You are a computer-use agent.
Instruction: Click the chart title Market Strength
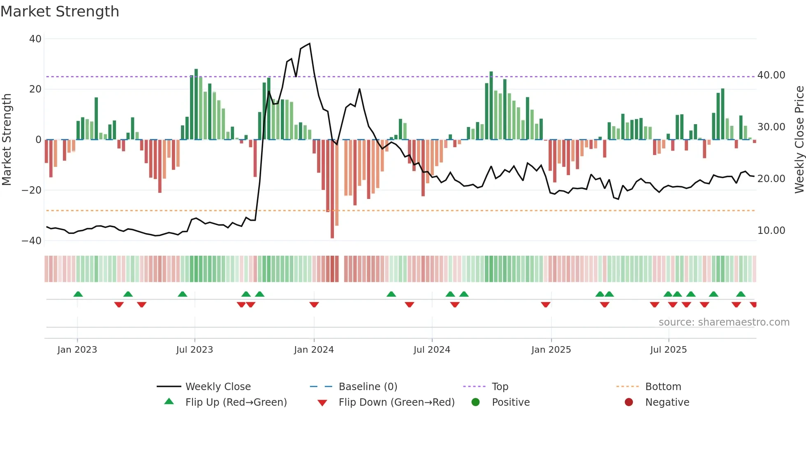tap(60, 12)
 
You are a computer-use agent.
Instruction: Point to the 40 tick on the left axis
tap(35, 39)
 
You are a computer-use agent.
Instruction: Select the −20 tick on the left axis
tap(32, 190)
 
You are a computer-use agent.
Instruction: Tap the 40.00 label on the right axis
tap(771, 75)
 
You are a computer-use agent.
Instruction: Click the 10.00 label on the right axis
tap(771, 231)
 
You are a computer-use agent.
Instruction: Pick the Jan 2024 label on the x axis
tap(314, 350)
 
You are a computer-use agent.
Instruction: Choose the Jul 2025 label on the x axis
tap(668, 350)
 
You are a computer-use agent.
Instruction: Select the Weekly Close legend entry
tap(218, 387)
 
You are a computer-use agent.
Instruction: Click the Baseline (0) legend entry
tap(368, 387)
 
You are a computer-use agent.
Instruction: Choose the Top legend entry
tap(500, 387)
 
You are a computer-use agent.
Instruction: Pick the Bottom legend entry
tap(663, 387)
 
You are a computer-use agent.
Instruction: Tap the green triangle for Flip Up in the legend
tap(169, 402)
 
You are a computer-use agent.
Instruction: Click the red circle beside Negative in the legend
tap(629, 402)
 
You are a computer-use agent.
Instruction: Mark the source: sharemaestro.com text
tap(724, 322)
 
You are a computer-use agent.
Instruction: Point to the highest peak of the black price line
tap(309, 44)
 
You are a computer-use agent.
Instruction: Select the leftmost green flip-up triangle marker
tap(78, 294)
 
